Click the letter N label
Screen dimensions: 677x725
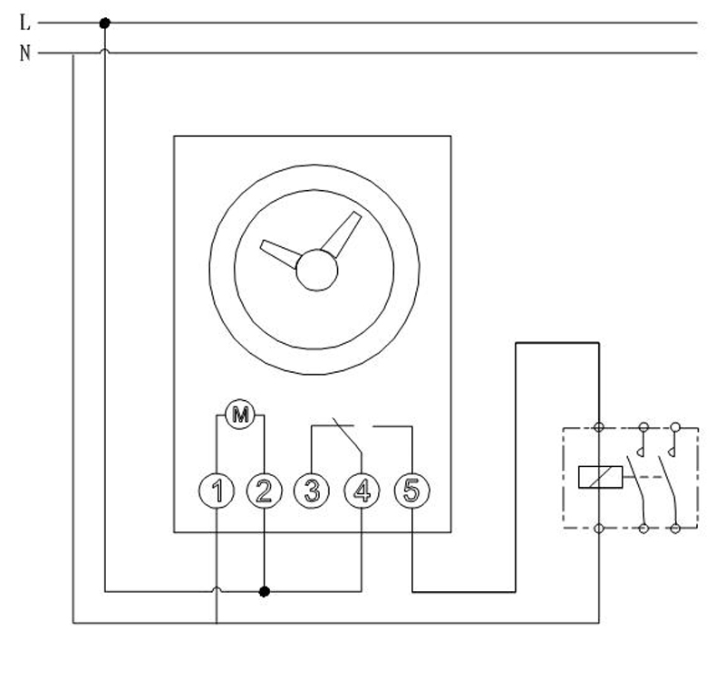(x=25, y=53)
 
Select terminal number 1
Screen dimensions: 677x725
(x=217, y=491)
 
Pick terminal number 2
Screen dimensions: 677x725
(x=264, y=491)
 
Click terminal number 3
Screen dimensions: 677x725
(x=312, y=491)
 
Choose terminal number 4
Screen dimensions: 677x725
(x=362, y=491)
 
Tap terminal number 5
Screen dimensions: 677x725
(x=412, y=491)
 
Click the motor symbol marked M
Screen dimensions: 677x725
(x=240, y=415)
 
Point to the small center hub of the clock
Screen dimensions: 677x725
(x=317, y=270)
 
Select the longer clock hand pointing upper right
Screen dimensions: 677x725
(x=342, y=234)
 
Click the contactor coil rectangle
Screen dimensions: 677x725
(x=599, y=475)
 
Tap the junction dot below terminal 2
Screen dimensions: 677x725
(x=265, y=592)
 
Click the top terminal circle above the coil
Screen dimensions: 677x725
(x=599, y=425)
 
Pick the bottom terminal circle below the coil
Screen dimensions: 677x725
(x=599, y=527)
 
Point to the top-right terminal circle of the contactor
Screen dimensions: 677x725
(x=674, y=425)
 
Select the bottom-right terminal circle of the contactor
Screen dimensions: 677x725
(x=674, y=527)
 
